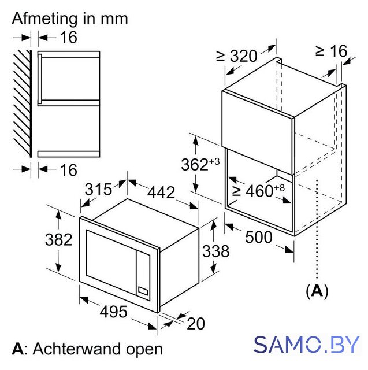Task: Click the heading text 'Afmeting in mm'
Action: pos(70,18)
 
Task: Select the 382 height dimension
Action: pos(59,240)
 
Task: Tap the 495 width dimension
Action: pos(113,312)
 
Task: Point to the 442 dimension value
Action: pos(161,193)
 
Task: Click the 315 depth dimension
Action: pos(98,189)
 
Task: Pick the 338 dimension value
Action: pos(215,251)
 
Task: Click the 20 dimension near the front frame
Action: pos(196,324)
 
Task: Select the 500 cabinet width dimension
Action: pos(259,237)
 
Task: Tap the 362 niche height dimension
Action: pos(200,164)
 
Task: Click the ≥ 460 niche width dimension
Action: pos(258,191)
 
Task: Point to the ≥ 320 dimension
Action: pos(236,55)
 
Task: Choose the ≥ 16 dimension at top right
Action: pos(332,50)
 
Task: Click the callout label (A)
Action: pos(317,291)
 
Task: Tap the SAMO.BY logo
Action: pos(307,345)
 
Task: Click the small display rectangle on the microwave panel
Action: pos(143,291)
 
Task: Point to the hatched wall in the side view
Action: pos(22,103)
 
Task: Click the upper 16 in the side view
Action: pos(68,37)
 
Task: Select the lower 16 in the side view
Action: pos(68,170)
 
